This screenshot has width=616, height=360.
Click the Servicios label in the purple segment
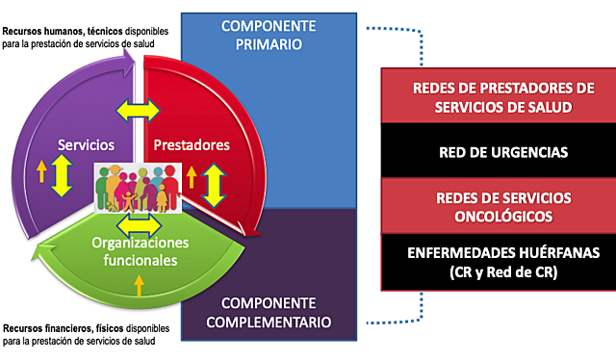tap(87, 145)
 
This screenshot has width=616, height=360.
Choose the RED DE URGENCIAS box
tap(490, 151)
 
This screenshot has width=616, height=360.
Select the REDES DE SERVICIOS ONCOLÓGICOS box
tap(490, 205)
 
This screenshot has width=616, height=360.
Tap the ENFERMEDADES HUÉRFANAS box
tap(490, 261)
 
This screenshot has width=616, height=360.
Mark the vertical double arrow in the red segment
tap(214, 179)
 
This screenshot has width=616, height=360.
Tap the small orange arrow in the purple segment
tap(41, 172)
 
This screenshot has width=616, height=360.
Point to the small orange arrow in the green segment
tap(141, 285)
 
